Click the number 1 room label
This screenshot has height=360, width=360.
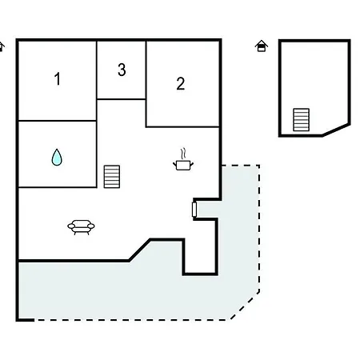pos(58,78)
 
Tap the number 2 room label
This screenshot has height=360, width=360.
pos(181,83)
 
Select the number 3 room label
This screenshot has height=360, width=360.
pos(122,70)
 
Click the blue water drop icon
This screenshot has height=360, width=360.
pos(57,157)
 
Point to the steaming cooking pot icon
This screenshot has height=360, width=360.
pos(183,159)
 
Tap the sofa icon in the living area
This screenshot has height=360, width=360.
pos(81,227)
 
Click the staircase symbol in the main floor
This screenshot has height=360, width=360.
pos(112,177)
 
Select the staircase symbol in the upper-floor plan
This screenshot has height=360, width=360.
pos(302,120)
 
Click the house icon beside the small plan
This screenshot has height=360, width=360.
pos(262,46)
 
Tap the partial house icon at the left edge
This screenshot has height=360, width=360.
pos(2,46)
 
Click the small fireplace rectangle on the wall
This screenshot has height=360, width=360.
pos(194,210)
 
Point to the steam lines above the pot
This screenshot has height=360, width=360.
pos(183,154)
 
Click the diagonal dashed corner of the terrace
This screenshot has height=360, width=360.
pos(245,306)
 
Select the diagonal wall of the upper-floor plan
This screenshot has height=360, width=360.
pos(336,130)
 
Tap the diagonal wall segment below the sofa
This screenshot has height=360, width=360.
pos(140,250)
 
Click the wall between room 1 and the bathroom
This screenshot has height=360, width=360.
pos(58,121)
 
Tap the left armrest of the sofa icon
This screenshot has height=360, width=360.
pos(71,226)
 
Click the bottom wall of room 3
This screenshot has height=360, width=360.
pos(122,99)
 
